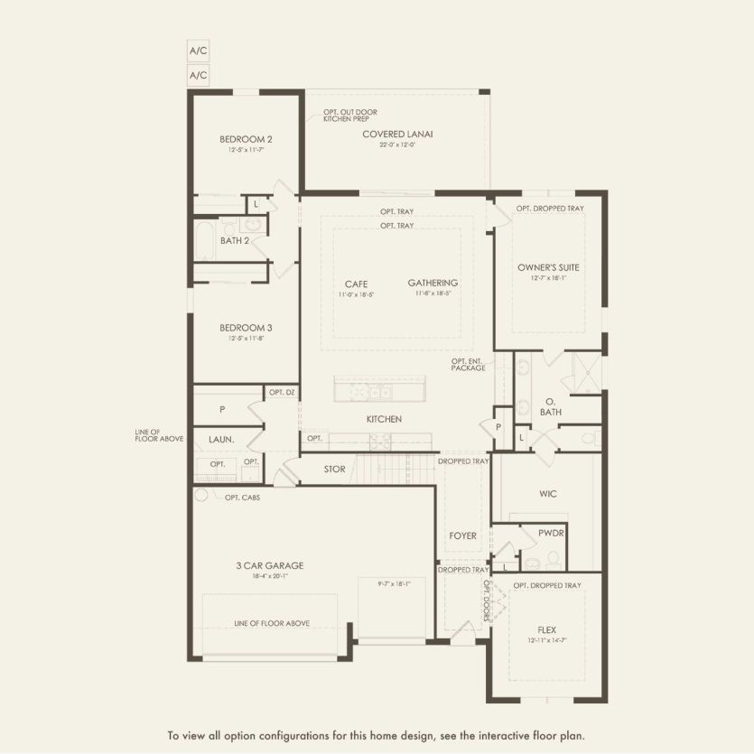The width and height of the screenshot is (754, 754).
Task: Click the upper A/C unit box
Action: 198,51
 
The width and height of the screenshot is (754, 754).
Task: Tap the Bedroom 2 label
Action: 246,139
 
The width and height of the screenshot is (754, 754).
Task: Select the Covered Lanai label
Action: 397,134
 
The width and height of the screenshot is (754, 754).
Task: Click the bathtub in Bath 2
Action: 204,241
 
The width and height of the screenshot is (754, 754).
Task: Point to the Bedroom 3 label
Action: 246,327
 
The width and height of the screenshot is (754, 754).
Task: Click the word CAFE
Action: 356,284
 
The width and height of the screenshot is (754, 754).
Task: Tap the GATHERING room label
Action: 433,283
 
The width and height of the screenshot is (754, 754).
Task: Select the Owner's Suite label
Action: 548,267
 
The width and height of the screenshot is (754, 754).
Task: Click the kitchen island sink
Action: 380,392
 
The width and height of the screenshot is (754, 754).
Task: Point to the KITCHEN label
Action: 384,419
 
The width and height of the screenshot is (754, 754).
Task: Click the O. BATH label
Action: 551,406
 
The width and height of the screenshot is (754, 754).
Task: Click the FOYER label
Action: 462,535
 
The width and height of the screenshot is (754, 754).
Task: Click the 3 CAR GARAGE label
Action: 270,565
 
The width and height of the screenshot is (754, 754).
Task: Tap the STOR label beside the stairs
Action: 334,469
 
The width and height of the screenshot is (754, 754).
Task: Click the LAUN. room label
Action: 221,439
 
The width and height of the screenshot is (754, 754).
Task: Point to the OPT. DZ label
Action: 282,392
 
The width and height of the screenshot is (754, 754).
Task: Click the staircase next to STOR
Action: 393,468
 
